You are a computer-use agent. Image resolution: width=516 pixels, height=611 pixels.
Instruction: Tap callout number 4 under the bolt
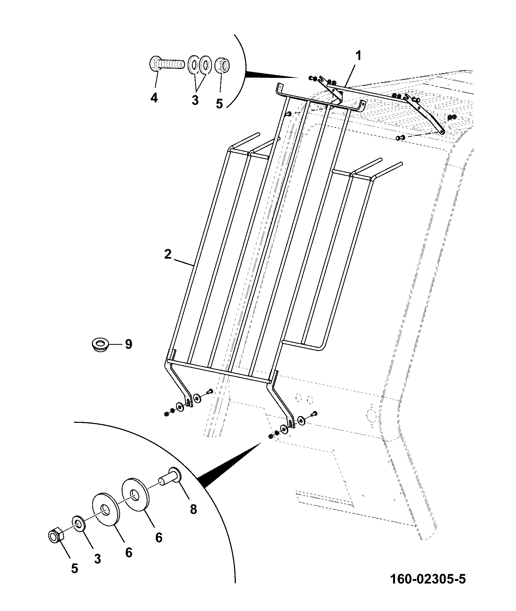point(154,97)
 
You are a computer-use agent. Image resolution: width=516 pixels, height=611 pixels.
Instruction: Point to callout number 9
point(128,344)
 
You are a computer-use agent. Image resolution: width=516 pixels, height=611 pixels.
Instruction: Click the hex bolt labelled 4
point(166,64)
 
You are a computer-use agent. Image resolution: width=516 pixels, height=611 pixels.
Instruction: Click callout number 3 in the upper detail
point(195,100)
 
